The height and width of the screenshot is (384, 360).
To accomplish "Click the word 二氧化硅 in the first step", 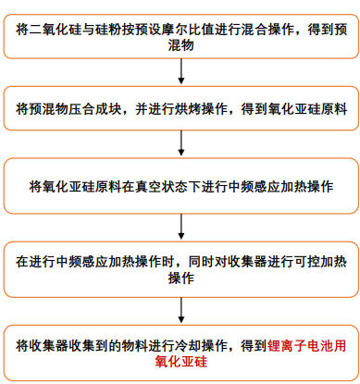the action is pyautogui.click(x=56, y=30).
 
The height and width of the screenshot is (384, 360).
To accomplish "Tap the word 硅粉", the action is pyautogui.click(x=108, y=30).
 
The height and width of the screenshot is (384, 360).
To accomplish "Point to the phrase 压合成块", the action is pyautogui.click(x=95, y=109).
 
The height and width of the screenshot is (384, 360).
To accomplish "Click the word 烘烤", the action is pyautogui.click(x=188, y=109).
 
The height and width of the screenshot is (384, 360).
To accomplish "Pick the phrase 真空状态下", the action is pyautogui.click(x=168, y=187).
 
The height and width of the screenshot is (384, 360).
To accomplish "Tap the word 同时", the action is pyautogui.click(x=201, y=262).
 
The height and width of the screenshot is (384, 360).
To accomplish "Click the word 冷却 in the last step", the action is pyautogui.click(x=188, y=346).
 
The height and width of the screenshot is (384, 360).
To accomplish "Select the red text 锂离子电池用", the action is pyautogui.click(x=306, y=346).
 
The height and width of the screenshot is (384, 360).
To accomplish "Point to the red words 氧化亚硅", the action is pyautogui.click(x=181, y=362).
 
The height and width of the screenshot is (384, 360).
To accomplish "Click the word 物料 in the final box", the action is pyautogui.click(x=134, y=346).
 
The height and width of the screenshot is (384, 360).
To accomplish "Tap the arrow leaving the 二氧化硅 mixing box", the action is pyautogui.click(x=181, y=71).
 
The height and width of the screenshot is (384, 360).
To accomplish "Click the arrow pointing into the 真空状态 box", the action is pyautogui.click(x=181, y=143).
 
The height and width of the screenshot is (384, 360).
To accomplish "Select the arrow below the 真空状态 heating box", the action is pyautogui.click(x=181, y=227).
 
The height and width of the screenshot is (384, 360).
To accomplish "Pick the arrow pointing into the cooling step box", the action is pyautogui.click(x=181, y=310).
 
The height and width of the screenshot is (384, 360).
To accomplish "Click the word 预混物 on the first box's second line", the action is pyautogui.click(x=181, y=45).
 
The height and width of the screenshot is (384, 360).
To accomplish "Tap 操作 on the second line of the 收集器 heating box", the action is pyautogui.click(x=181, y=278).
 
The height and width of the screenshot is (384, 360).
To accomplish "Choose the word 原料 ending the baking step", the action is pyautogui.click(x=333, y=109).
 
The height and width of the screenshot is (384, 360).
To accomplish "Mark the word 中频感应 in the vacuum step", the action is pyautogui.click(x=254, y=187).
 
